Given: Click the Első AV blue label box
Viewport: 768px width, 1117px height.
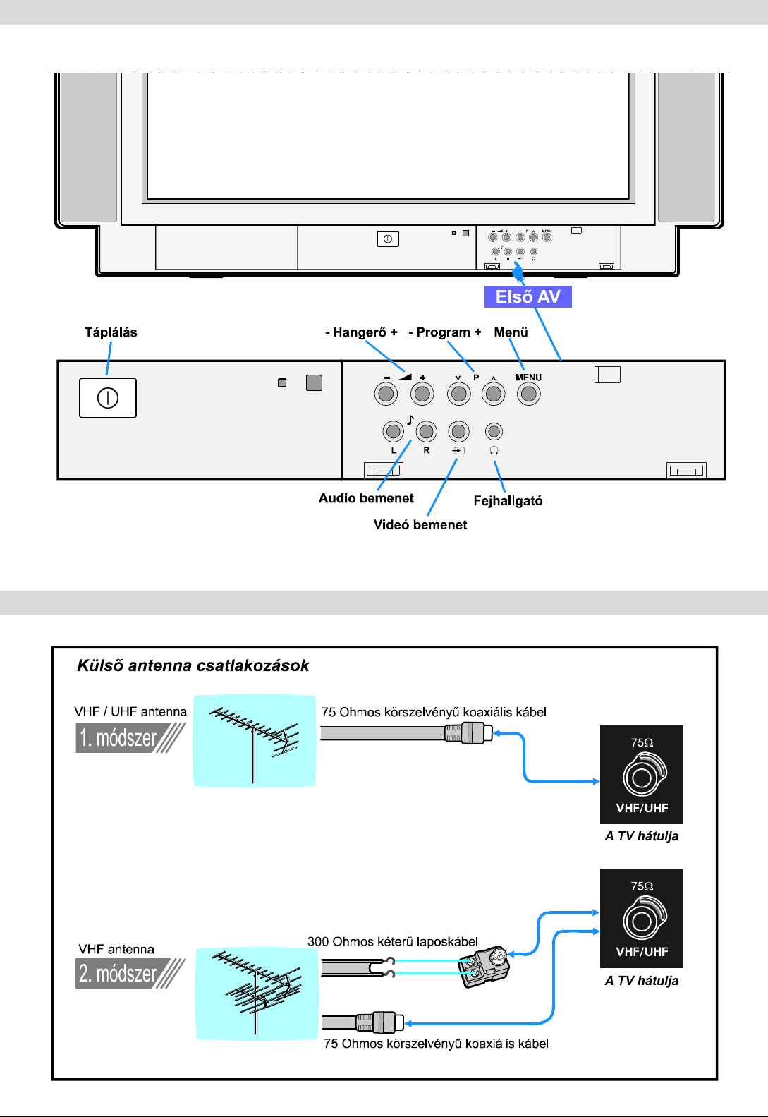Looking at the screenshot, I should point(528,297).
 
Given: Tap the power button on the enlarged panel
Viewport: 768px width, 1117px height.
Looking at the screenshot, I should point(107,398).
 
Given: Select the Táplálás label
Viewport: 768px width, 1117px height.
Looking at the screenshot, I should point(111,332).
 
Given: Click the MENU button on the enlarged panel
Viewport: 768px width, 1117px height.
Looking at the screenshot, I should point(528,394).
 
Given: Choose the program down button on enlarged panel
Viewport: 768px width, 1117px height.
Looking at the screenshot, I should point(458,394).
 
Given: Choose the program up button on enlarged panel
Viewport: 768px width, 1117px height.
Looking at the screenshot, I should point(494,394).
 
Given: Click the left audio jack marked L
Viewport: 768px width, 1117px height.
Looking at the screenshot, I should point(393,431).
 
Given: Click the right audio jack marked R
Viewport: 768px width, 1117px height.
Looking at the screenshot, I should point(426,431).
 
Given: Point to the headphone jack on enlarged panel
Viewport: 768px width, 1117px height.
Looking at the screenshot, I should point(494,431).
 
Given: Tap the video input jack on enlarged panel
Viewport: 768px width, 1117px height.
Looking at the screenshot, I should point(458,431).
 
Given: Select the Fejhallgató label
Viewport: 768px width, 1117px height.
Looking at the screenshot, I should point(508,501).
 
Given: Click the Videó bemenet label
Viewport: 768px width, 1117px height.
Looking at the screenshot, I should point(420,524).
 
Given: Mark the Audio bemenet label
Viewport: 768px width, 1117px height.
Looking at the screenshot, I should point(366,498).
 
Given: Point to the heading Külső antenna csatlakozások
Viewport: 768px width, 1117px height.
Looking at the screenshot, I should point(193,665).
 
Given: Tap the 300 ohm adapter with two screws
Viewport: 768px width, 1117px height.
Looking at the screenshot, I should point(484,966).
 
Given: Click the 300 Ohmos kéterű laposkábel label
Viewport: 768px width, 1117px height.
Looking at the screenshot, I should point(393,941).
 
